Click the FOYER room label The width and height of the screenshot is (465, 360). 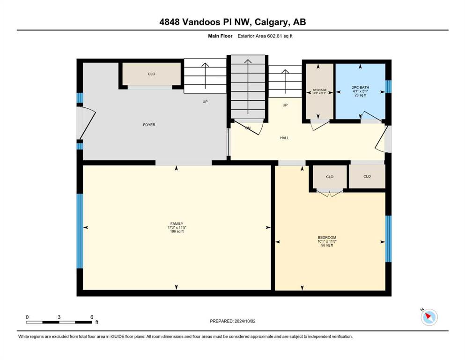click(x=149, y=125)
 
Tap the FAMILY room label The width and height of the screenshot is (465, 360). click(x=177, y=224)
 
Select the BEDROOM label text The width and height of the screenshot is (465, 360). click(x=327, y=238)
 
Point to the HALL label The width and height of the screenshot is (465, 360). click(x=284, y=138)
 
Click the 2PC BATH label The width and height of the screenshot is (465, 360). click(x=360, y=88)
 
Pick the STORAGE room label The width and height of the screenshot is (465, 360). click(x=319, y=90)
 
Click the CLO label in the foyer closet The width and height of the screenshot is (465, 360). click(x=152, y=74)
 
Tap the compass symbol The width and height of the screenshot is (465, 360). click(x=429, y=317)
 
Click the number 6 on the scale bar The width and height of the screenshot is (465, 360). click(x=92, y=317)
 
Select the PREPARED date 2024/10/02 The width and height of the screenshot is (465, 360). click(x=244, y=321)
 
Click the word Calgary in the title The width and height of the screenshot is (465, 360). click(x=271, y=22)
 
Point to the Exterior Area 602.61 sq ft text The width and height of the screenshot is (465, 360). click(x=265, y=36)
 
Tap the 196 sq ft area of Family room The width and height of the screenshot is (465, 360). click(x=177, y=232)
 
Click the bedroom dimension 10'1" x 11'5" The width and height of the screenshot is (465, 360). click(x=327, y=241)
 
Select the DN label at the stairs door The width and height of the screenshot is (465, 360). click(x=248, y=128)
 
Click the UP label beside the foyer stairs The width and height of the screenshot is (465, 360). click(x=205, y=102)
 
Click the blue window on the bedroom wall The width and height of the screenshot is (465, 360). click(x=388, y=239)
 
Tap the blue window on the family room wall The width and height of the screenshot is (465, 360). click(x=80, y=231)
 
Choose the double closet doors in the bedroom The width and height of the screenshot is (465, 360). click(x=330, y=193)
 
